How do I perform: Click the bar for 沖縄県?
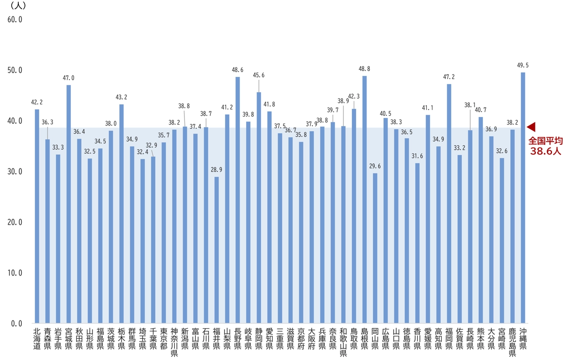[523, 198]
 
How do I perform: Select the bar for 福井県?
[216, 250]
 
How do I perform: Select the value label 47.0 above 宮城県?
[69, 78]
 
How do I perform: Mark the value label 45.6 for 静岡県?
[259, 75]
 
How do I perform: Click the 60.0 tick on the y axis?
[14, 20]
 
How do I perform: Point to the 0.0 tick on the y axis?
[16, 324]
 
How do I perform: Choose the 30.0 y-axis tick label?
[14, 172]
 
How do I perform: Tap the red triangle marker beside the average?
[532, 127]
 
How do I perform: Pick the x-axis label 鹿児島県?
[512, 341]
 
